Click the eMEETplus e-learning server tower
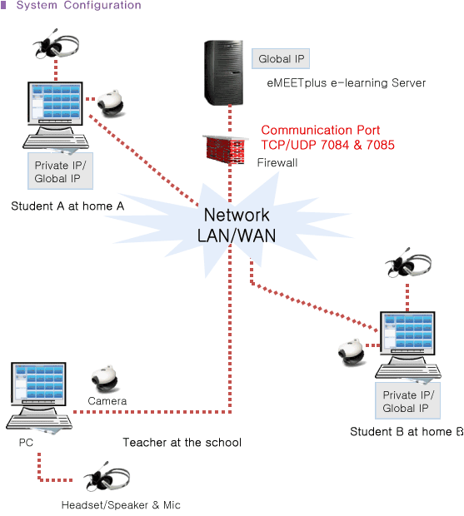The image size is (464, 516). tap(223, 72)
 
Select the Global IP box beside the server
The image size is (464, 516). tap(281, 59)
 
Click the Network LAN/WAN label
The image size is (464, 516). tap(237, 226)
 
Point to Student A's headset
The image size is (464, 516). tap(56, 44)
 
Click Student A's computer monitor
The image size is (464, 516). tap(55, 104)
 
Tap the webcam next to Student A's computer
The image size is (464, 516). tap(111, 102)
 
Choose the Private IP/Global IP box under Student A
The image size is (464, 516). tap(60, 171)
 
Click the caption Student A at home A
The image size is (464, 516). tap(67, 206)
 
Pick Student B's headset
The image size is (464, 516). tap(408, 263)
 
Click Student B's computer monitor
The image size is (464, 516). tap(407, 334)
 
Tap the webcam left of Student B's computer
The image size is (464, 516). tap(351, 352)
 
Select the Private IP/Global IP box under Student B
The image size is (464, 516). tap(407, 400)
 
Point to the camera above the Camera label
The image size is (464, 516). tap(105, 379)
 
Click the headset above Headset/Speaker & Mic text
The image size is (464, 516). tap(107, 477)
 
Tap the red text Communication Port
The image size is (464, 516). tap(321, 131)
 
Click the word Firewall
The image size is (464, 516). tap(277, 162)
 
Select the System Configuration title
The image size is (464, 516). tap(78, 5)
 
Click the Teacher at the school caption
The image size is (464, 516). tap(182, 443)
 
